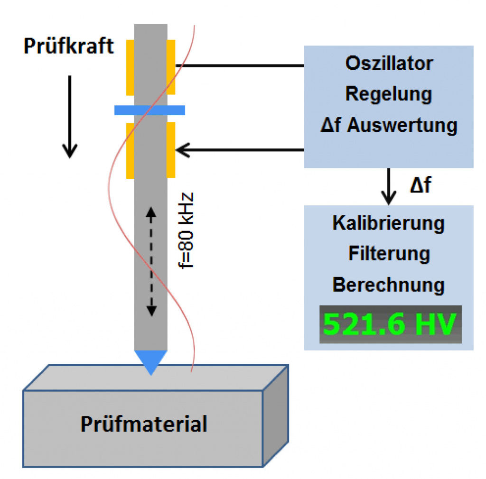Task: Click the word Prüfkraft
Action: (x=69, y=46)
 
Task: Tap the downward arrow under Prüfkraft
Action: (x=70, y=116)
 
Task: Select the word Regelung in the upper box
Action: (x=389, y=94)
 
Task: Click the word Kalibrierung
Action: (x=389, y=223)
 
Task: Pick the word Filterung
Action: (x=389, y=254)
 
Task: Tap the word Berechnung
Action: (x=389, y=285)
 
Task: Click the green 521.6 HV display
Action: (x=389, y=324)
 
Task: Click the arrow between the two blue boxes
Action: (x=389, y=186)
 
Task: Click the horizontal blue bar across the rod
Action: (x=150, y=111)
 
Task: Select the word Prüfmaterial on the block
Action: (x=144, y=424)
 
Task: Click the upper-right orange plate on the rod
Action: (x=171, y=67)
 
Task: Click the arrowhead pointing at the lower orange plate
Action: (x=182, y=150)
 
